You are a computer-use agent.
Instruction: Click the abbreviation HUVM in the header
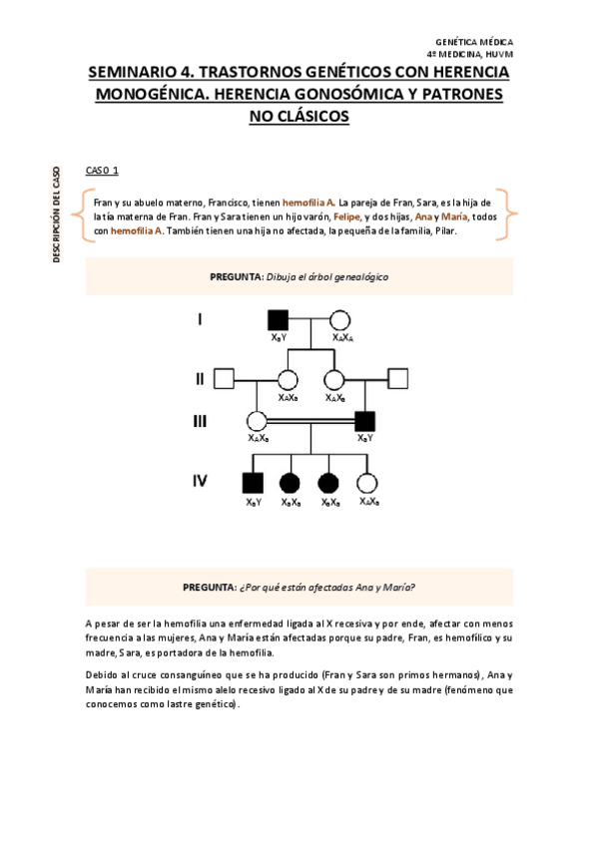tap(498, 53)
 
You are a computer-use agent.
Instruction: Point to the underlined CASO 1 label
tap(102, 172)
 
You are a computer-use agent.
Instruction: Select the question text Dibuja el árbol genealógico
tap(327, 276)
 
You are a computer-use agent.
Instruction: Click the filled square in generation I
tap(278, 321)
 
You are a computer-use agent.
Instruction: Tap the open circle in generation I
tap(340, 321)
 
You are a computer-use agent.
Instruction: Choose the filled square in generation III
tap(365, 421)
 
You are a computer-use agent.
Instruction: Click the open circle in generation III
tap(257, 421)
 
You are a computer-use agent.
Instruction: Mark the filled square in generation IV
tap(253, 483)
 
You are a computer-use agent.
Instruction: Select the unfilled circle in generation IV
tap(367, 483)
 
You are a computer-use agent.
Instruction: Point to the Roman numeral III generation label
tap(200, 421)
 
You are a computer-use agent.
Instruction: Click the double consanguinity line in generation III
tap(310, 421)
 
